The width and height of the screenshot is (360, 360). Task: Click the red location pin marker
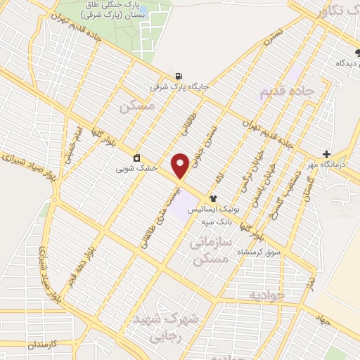[180, 165]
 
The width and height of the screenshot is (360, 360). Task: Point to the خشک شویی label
[131, 169]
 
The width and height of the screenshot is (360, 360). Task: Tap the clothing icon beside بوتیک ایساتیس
[214, 198]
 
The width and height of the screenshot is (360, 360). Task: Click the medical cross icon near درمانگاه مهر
[326, 154]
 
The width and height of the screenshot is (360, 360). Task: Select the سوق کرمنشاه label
[259, 252]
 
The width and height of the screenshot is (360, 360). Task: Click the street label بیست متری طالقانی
[163, 214]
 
